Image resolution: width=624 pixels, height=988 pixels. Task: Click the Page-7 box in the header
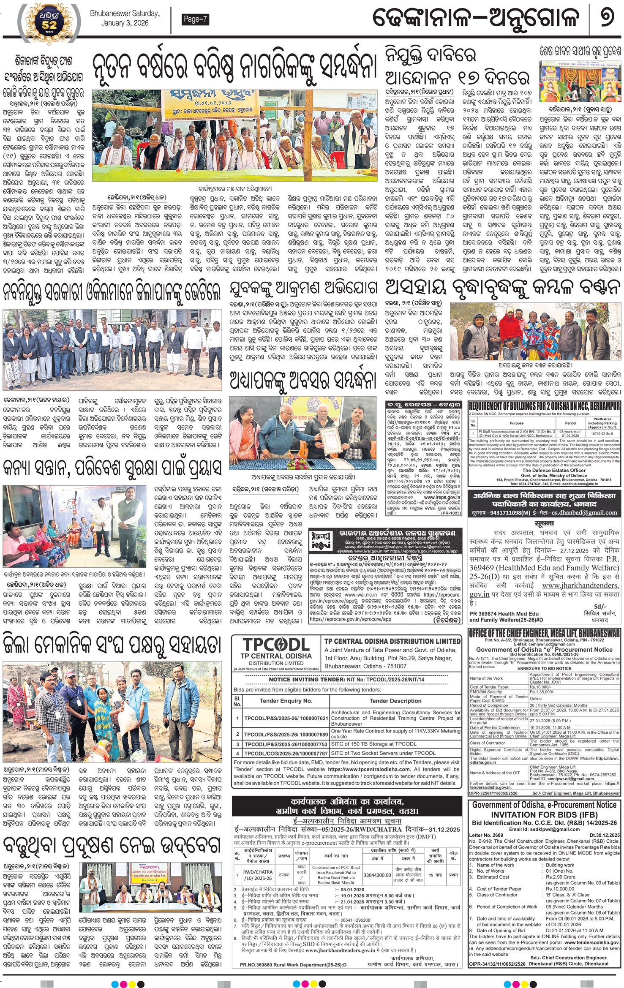[195, 19]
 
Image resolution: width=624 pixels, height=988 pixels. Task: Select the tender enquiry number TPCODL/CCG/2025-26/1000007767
[286, 753]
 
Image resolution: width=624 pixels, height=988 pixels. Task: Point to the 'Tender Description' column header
[395, 701]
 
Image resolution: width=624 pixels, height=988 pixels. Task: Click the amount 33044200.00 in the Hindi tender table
[377, 875]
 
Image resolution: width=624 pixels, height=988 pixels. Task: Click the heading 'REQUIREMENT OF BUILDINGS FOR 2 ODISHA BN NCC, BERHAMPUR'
[544, 406]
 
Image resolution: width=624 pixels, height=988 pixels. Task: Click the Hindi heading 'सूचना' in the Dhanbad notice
[544, 523]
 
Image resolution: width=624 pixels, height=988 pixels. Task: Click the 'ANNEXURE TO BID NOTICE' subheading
[544, 669]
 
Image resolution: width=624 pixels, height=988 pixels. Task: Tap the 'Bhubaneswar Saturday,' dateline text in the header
[125, 14]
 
